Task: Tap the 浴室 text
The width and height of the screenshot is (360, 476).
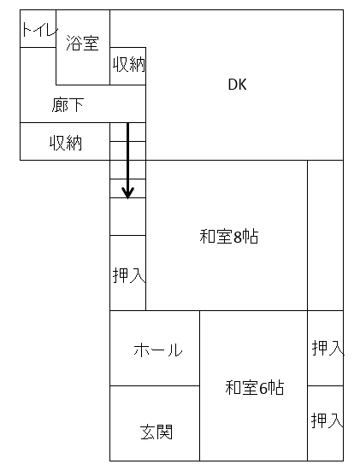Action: pos(82,43)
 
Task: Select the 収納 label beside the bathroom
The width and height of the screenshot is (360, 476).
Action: pos(129,64)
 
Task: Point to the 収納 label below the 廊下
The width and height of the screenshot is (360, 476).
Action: pos(66,143)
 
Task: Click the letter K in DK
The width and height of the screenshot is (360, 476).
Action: pos(242,85)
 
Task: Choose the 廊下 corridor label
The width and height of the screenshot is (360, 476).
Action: pos(68,105)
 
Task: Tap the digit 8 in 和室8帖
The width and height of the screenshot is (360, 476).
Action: pos(237,237)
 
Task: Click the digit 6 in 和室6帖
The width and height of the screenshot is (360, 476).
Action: pos(263,388)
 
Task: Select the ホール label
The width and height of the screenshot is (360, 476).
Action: pos(158,350)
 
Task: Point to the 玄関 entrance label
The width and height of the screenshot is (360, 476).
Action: pos(156,432)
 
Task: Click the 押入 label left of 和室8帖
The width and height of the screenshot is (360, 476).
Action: pos(129,275)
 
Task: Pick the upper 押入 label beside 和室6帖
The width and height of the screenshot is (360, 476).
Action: pos(328,348)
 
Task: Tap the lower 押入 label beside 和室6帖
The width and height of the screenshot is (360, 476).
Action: pos(328,420)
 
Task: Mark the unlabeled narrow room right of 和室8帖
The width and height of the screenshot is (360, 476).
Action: pos(325,235)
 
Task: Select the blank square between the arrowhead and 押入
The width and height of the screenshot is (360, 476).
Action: pos(128,217)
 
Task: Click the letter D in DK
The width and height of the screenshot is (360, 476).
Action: pos(233,85)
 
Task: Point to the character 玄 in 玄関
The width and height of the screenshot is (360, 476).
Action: pos(148,432)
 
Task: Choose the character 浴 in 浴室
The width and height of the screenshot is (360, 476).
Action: pos(74,43)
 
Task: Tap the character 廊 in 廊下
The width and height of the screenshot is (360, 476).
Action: pos(59,105)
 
